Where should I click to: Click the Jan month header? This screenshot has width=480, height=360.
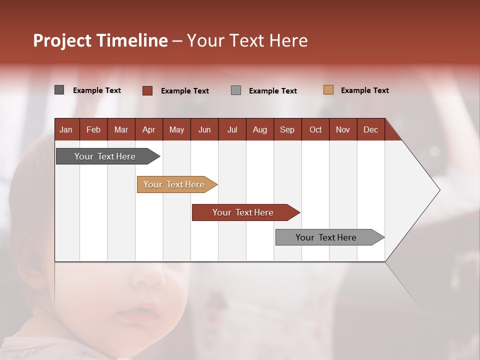[x=66, y=130]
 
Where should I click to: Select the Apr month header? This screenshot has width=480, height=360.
[x=148, y=130]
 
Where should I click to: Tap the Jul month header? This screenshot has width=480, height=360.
[x=232, y=130]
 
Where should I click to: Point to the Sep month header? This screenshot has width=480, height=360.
[x=287, y=130]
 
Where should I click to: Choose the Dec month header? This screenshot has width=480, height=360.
[x=370, y=130]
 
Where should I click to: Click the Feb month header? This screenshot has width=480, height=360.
[x=93, y=130]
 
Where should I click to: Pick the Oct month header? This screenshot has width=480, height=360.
[x=315, y=130]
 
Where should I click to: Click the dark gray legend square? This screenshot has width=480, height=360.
[x=59, y=90]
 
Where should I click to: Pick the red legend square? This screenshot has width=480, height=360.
[x=147, y=90]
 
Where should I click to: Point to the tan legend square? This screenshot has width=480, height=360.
[x=328, y=90]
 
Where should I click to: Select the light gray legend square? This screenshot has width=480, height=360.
[x=236, y=90]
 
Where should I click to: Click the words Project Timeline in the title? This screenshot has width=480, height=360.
[x=100, y=40]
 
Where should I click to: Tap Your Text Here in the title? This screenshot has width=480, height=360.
[x=247, y=40]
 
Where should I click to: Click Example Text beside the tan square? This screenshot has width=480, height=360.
[x=364, y=90]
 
